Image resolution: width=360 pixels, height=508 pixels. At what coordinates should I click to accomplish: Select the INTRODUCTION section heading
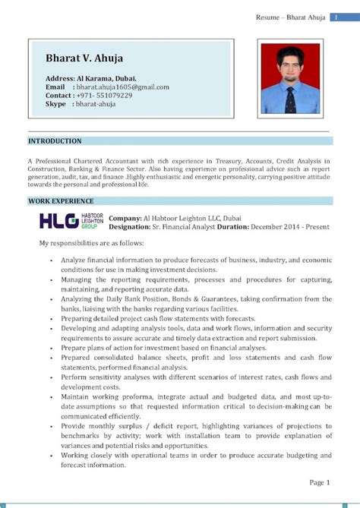pos(55,141)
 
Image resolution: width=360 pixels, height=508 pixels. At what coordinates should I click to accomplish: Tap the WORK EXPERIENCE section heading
pos(61,201)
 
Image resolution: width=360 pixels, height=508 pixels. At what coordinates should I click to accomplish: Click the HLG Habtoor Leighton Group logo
pos(70,221)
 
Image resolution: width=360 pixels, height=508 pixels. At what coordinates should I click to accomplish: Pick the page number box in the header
pos(334,17)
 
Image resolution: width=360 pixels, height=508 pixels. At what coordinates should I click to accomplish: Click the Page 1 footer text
pos(319,482)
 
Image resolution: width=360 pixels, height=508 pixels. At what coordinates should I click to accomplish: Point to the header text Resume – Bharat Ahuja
pos(290,17)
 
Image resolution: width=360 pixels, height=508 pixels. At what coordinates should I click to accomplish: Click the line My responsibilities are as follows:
pos(92,243)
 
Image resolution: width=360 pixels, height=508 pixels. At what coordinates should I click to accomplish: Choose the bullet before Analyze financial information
pos(49,260)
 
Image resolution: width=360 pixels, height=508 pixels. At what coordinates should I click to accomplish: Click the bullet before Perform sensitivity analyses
pos(49,377)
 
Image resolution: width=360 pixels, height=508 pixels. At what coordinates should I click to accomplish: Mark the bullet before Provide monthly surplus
pos(49,426)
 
